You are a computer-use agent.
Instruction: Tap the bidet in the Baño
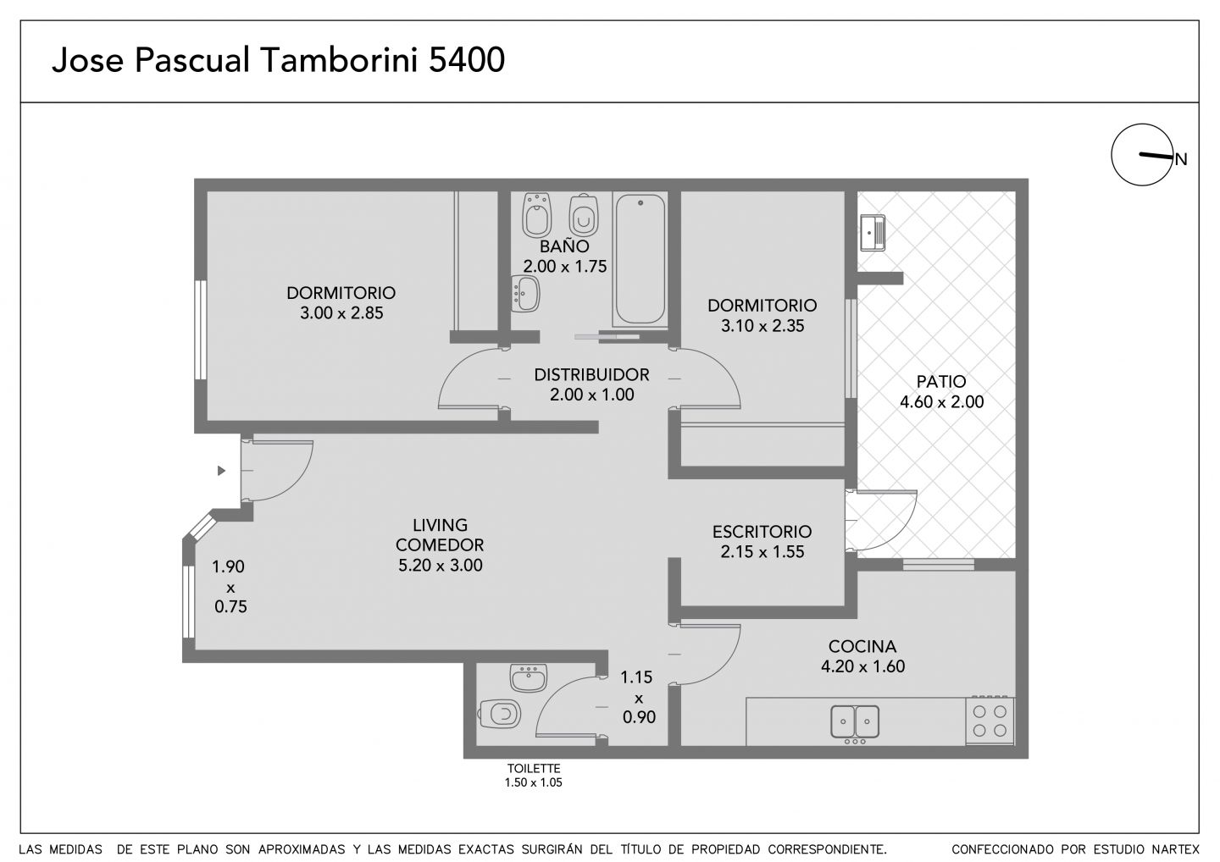[537, 214]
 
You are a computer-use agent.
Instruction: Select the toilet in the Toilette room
[500, 714]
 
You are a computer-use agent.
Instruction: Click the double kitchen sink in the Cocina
[855, 722]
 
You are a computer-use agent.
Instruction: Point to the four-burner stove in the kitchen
[990, 720]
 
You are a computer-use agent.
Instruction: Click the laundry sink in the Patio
[873, 233]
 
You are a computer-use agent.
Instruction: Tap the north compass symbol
[1143, 155]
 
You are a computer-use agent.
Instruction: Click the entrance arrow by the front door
[221, 470]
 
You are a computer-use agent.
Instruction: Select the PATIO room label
[941, 381]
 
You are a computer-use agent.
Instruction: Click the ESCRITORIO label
[762, 531]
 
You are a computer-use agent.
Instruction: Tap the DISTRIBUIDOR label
[591, 374]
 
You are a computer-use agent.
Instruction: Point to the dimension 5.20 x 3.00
[440, 565]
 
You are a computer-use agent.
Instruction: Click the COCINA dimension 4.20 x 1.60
[862, 666]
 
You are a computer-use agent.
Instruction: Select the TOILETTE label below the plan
[534, 768]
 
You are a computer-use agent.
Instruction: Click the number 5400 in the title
[467, 60]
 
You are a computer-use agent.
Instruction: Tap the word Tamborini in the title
[339, 60]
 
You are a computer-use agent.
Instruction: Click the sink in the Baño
[525, 293]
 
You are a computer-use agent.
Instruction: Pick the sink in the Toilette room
[529, 677]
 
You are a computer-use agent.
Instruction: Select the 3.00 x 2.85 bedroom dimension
[341, 313]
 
